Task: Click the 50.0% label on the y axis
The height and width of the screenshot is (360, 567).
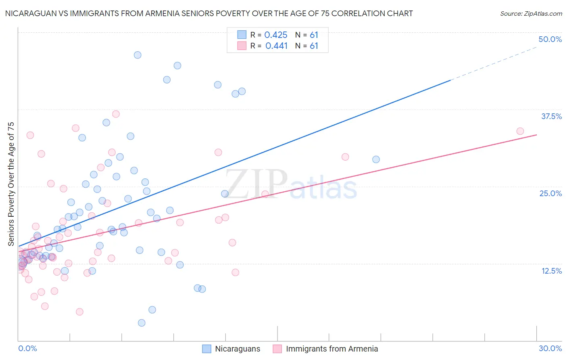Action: pos(550,40)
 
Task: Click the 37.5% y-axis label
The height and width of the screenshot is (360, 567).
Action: pos(551,117)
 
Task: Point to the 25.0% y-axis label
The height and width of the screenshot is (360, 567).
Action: pos(550,194)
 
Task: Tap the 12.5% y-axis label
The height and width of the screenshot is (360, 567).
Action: pos(551,271)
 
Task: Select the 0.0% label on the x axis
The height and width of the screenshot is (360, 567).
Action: pos(27,348)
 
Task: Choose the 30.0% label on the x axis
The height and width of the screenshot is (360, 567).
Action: pos(550,348)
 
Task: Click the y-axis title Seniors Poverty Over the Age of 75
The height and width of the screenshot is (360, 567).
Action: pos(11,184)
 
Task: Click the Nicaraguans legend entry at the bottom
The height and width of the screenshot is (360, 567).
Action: pos(237,349)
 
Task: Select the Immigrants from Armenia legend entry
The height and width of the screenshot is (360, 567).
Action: pos(331,349)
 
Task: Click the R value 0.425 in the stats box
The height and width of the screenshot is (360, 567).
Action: pos(276,35)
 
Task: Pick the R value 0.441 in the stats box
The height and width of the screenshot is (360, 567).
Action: pos(276,46)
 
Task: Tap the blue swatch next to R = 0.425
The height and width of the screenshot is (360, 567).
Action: pos(242,35)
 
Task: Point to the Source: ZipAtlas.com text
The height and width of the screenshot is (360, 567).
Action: pos(531,14)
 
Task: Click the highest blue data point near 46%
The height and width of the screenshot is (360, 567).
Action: pos(138,55)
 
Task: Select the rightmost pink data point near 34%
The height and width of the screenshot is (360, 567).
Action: pos(520,131)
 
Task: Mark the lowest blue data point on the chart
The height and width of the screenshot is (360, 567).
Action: pos(142,323)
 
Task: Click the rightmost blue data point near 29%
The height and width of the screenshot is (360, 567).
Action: pos(376,159)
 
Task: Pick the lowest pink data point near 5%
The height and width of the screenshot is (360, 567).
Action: pos(79,312)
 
